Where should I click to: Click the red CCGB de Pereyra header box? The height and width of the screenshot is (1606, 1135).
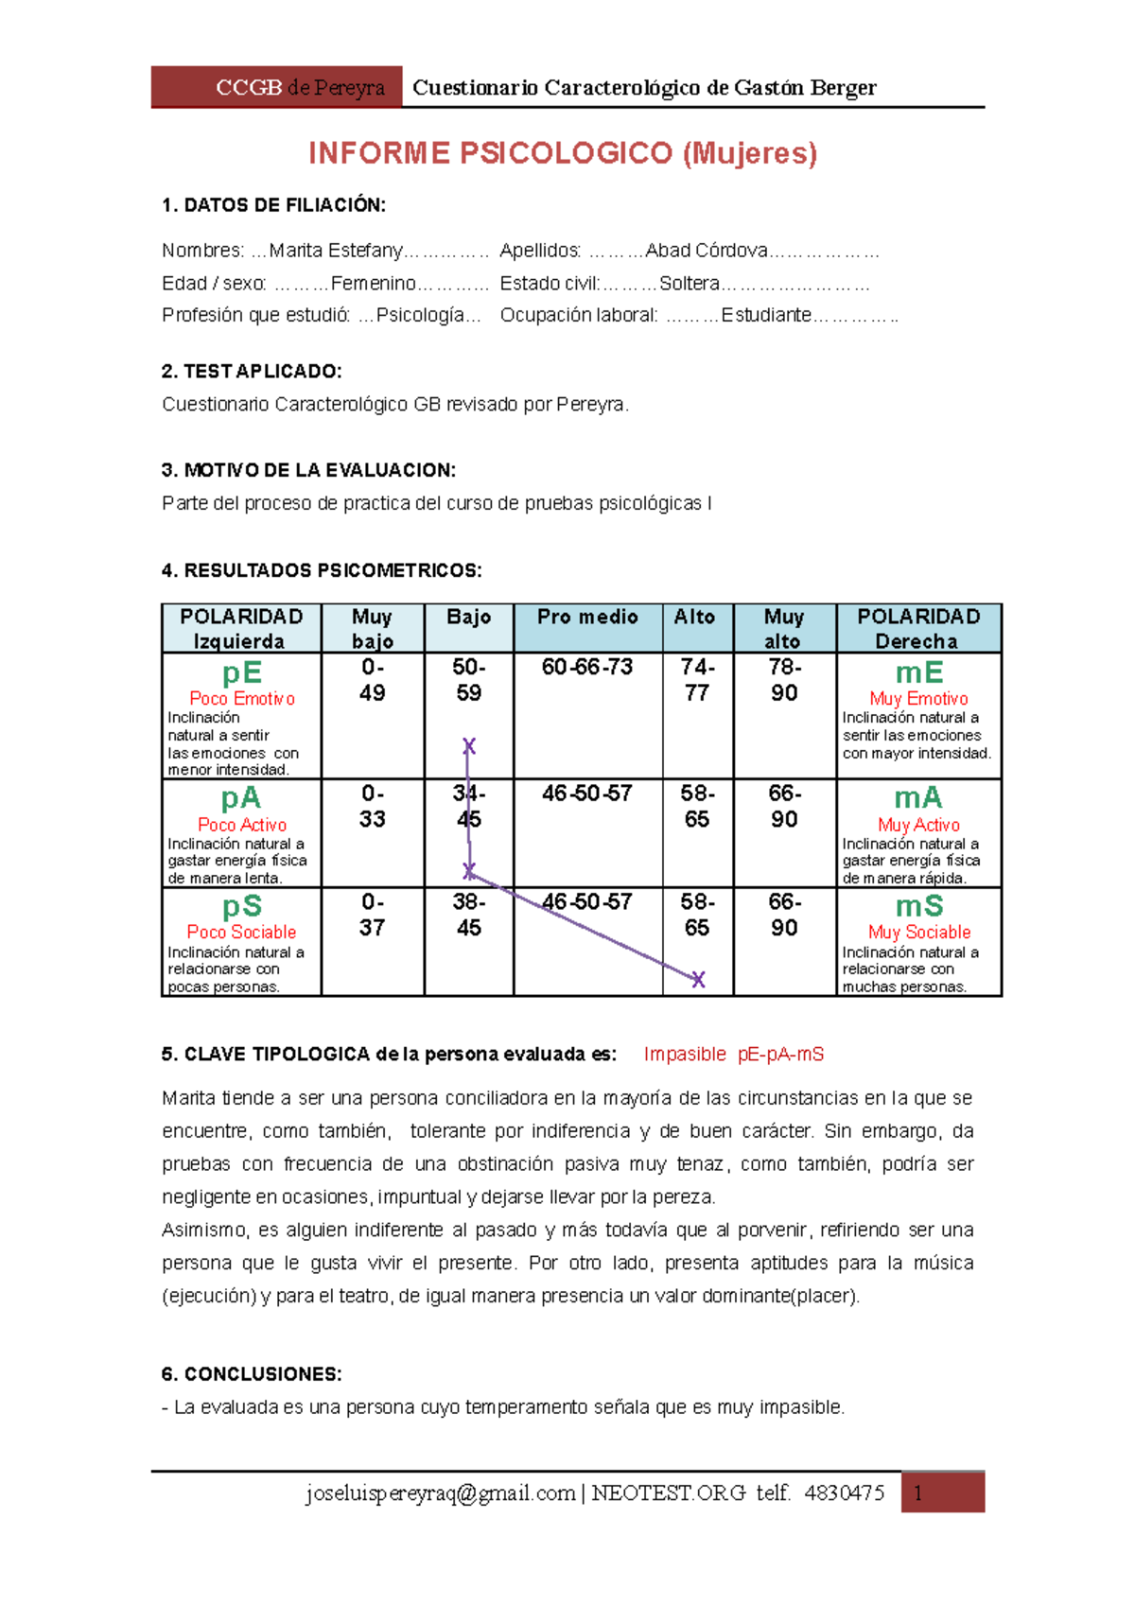click(276, 87)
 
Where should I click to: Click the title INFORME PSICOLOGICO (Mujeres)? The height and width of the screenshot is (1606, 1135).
click(563, 153)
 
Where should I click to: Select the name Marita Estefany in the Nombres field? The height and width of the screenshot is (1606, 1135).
click(336, 251)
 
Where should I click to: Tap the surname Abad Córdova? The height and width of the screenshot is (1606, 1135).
click(706, 251)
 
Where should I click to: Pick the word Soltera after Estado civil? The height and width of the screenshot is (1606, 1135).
click(689, 284)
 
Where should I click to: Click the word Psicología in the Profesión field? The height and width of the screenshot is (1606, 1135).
click(420, 315)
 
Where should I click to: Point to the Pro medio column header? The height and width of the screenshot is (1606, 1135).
click(587, 618)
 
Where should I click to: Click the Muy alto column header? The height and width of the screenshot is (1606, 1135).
click(783, 628)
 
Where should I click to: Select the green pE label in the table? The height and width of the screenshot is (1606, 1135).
click(241, 672)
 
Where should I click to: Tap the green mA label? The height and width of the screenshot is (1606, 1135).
click(917, 797)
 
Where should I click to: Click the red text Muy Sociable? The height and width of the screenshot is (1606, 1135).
click(918, 932)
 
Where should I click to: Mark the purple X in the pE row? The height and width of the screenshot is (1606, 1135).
click(468, 746)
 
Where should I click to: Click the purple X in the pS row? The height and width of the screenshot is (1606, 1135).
click(698, 979)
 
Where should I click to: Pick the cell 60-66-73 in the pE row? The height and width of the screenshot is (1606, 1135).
click(587, 667)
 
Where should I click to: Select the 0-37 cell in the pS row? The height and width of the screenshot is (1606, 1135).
click(372, 915)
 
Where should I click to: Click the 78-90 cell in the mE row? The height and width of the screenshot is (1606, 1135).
click(784, 680)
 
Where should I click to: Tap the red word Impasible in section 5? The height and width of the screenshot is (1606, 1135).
click(684, 1054)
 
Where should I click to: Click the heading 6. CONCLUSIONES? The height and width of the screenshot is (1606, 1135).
click(252, 1373)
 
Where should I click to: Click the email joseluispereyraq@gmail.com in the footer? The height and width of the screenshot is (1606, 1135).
click(440, 1493)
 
